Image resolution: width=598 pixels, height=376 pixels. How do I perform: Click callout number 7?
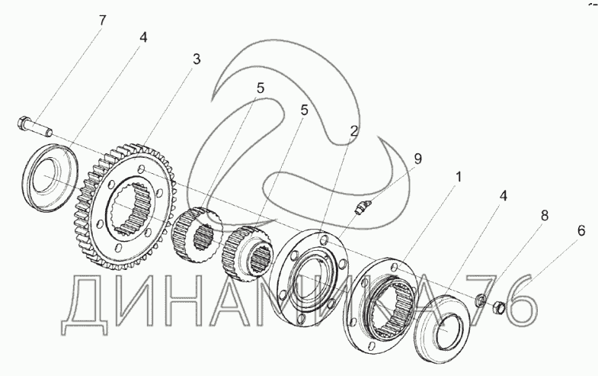pyautogui.click(x=101, y=20)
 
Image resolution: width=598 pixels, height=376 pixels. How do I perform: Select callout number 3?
pyautogui.click(x=197, y=60)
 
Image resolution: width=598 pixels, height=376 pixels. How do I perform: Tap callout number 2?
pyautogui.click(x=353, y=131)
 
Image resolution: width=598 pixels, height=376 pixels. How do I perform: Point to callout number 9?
pyautogui.click(x=417, y=159)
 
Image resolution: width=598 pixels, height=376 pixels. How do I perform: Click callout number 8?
pyautogui.click(x=543, y=216)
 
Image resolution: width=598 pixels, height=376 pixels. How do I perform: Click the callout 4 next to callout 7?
pyautogui.click(x=142, y=36)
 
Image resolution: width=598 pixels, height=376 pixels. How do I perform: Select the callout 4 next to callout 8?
pyautogui.click(x=504, y=195)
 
